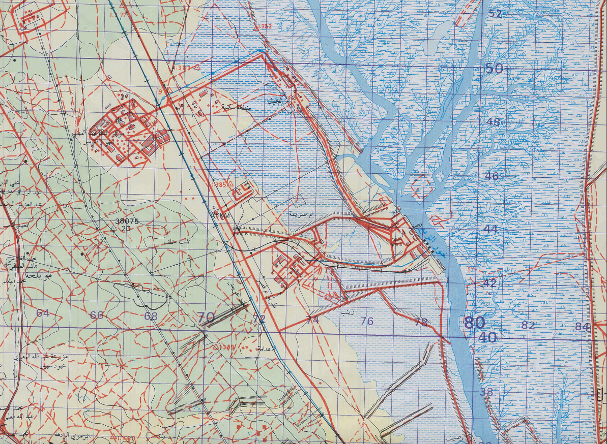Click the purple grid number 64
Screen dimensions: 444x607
[x=43, y=313]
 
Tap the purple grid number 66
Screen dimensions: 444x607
[x=97, y=315]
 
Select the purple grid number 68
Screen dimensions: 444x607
[x=151, y=316]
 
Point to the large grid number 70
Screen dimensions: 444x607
[x=206, y=318]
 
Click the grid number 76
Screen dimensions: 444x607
[x=366, y=321]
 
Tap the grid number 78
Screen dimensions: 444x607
[x=421, y=322]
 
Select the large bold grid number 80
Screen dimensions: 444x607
[x=475, y=322]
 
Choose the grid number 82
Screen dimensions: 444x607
[x=528, y=325]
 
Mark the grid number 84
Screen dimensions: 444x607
[x=582, y=327]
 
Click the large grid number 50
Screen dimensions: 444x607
[x=494, y=69]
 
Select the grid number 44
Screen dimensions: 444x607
[x=491, y=229]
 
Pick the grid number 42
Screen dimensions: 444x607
[x=489, y=283]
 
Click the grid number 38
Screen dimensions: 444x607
[x=486, y=392]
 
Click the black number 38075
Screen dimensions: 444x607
[x=127, y=221]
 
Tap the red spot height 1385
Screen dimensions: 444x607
[x=220, y=184]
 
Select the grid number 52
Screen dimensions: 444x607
[x=496, y=14]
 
